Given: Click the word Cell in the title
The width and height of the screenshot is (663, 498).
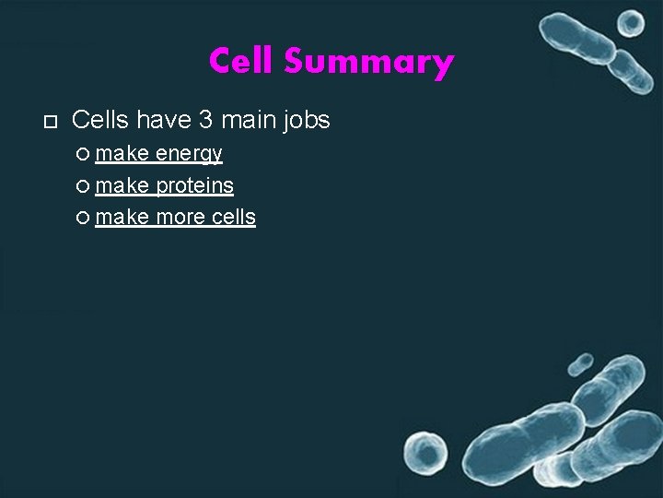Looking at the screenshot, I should click(242, 62).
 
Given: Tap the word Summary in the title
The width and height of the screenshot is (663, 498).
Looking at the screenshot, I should click(368, 63).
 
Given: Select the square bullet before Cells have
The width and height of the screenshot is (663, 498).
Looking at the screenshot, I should click(50, 122).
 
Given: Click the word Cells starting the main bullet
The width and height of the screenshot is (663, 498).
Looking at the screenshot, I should click(100, 120).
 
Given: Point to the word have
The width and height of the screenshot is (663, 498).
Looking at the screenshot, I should click(163, 120).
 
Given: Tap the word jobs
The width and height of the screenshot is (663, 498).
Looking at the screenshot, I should click(306, 120).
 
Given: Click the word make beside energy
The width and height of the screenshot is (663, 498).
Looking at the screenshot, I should click(122, 153).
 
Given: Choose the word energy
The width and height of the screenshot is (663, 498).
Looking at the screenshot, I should click(190, 154).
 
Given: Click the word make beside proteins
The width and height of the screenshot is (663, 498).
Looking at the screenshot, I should click(122, 185).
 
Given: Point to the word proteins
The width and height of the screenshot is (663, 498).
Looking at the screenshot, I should click(194, 185).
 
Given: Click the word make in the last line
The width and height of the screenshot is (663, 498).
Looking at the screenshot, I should click(122, 218).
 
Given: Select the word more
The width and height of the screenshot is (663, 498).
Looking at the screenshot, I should click(181, 218).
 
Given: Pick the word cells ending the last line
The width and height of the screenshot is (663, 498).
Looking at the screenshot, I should click(234, 218).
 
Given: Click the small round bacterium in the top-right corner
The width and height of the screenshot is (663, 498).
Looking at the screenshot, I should click(631, 22).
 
